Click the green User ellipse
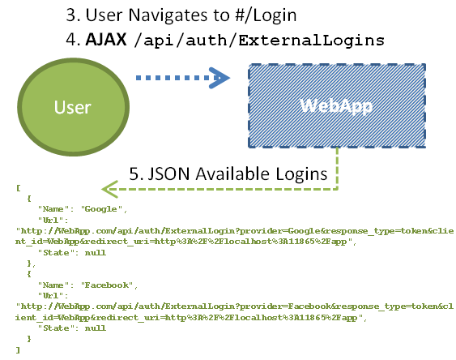[73, 107]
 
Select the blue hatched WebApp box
[337, 105]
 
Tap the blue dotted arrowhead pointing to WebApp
[219, 78]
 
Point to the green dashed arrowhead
[110, 189]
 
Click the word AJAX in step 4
[106, 39]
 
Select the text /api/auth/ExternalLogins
[259, 40]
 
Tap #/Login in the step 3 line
[266, 15]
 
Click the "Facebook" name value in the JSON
[107, 285]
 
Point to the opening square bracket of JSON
[19, 188]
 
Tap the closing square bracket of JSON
[19, 349]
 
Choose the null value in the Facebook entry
[96, 328]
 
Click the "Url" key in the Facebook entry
[51, 296]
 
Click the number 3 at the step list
[72, 15]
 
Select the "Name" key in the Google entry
[53, 209]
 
